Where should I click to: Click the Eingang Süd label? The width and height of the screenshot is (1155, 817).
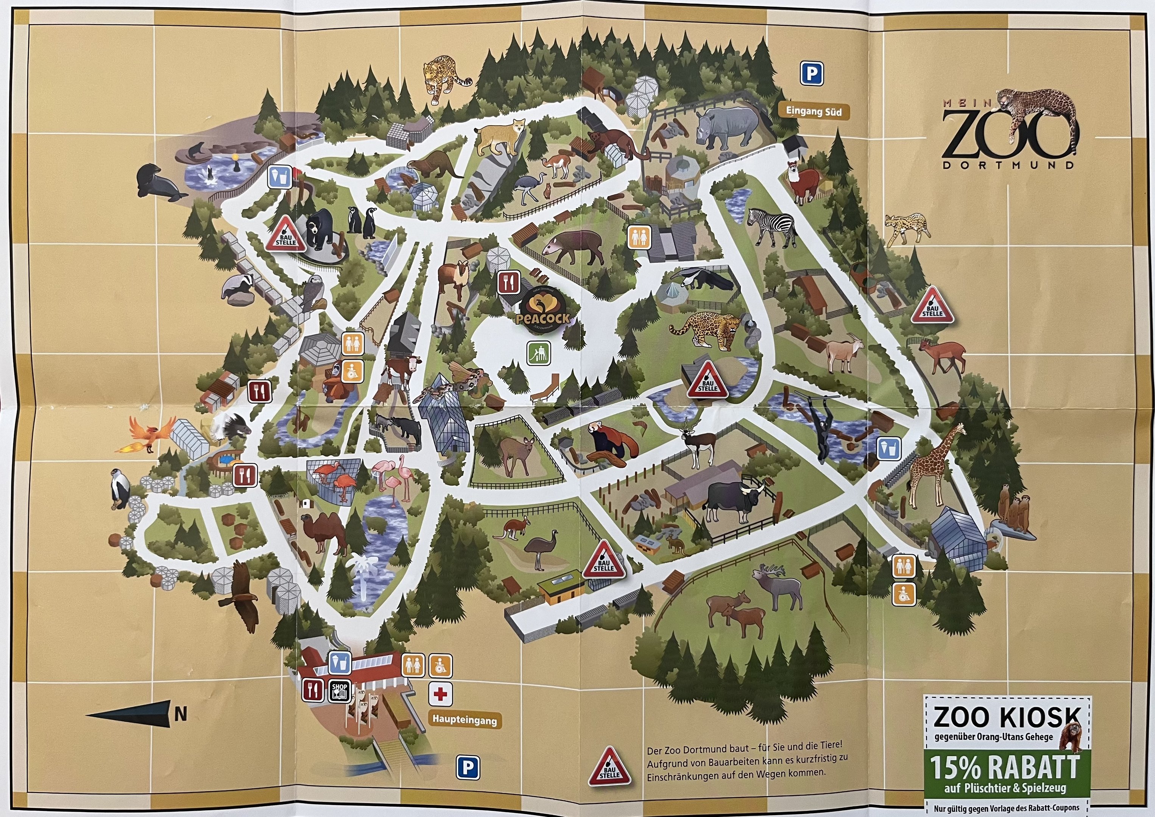pos(813,111)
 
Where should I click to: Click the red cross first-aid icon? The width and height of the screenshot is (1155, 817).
pos(440,695)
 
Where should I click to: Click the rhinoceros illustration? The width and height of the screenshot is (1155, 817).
pos(726,129)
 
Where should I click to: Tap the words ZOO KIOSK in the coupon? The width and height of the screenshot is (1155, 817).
pos(1007,717)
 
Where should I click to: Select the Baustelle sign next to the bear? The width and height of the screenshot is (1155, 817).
pos(285,235)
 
